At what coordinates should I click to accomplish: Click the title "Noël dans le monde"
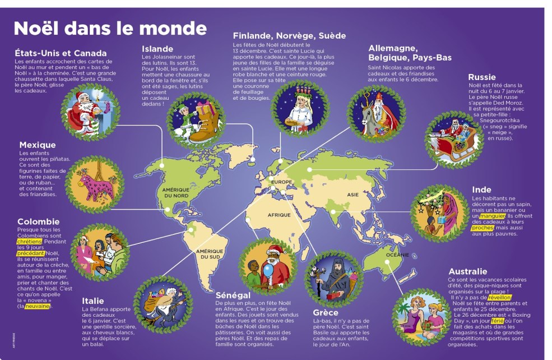(x=110, y=29)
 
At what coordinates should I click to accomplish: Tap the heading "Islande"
(x=157, y=49)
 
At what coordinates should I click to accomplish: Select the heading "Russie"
(x=481, y=77)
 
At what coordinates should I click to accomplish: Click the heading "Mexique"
(x=38, y=145)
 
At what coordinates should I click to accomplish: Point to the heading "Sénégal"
(x=233, y=295)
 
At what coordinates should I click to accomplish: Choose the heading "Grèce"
(x=326, y=312)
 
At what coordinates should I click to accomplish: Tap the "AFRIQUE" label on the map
(x=279, y=215)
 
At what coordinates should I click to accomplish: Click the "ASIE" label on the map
(x=352, y=195)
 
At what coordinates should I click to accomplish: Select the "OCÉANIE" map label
(x=397, y=255)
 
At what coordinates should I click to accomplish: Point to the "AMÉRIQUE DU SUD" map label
(x=210, y=254)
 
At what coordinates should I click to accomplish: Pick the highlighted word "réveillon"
(x=500, y=298)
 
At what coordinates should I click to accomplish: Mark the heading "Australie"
(x=467, y=272)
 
